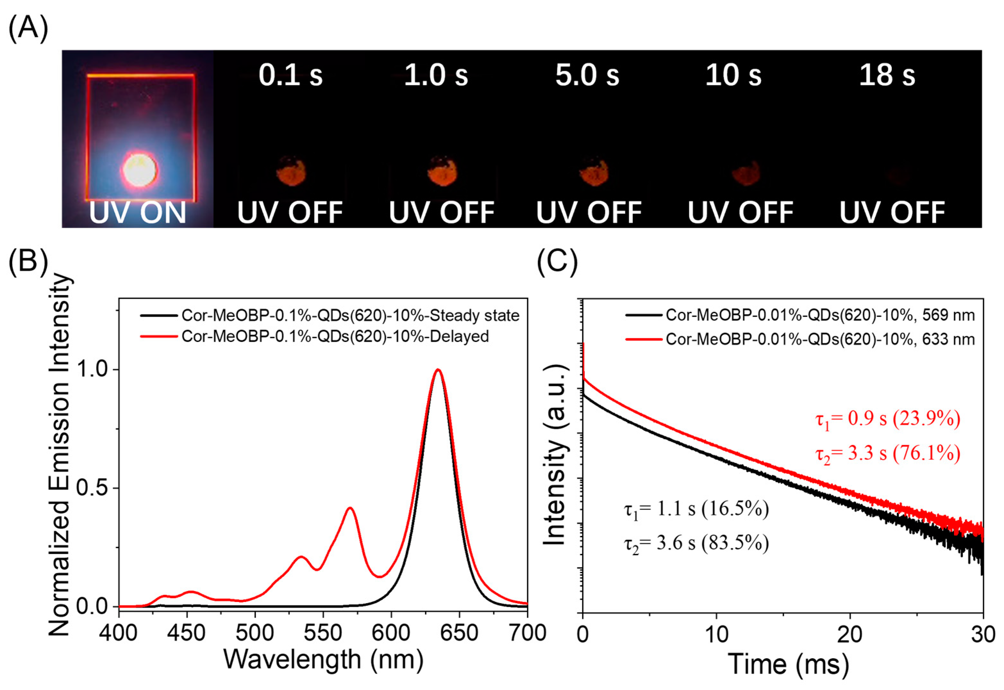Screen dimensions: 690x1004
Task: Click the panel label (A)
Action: (x=28, y=29)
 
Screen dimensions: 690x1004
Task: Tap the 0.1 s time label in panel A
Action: (x=291, y=75)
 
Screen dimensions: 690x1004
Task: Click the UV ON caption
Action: (x=137, y=213)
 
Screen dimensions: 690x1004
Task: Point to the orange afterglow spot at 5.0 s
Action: (x=594, y=173)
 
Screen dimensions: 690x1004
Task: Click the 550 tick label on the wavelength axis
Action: (x=323, y=633)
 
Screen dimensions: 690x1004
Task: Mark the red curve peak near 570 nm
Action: (x=350, y=508)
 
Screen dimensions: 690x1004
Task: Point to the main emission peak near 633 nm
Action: (x=438, y=370)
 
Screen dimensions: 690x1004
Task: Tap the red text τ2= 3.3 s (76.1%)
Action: (x=888, y=453)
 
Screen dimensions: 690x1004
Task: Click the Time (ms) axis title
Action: (x=788, y=664)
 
